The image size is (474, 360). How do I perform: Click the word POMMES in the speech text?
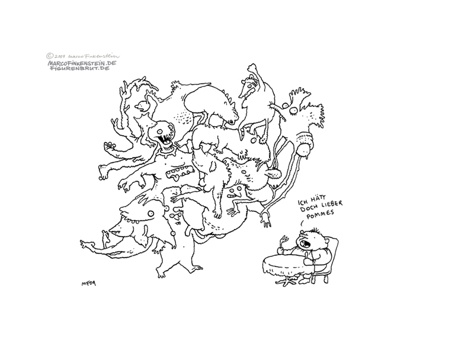click(316, 214)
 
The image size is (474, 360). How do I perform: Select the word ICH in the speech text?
click(303, 201)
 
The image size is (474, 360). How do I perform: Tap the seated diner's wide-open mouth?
click(305, 244)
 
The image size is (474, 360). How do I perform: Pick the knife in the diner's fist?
click(308, 258)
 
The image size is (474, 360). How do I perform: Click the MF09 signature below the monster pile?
click(89, 284)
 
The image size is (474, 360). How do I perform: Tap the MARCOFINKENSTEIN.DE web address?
click(82, 63)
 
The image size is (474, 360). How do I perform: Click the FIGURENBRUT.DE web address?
click(79, 68)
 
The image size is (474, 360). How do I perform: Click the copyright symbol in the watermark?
click(50, 56)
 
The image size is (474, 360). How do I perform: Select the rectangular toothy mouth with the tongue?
click(180, 172)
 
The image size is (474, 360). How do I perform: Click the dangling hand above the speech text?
click(265, 218)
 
